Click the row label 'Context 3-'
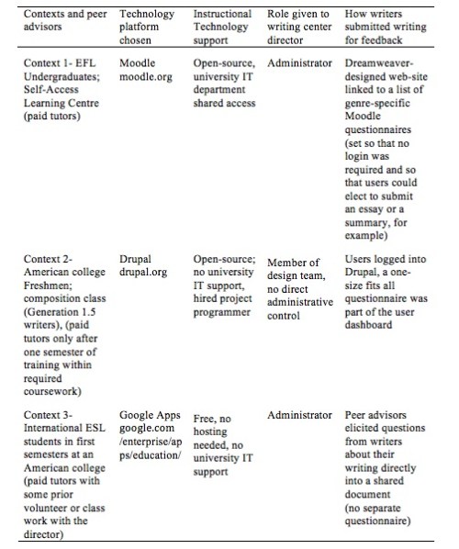pyautogui.click(x=47, y=415)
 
